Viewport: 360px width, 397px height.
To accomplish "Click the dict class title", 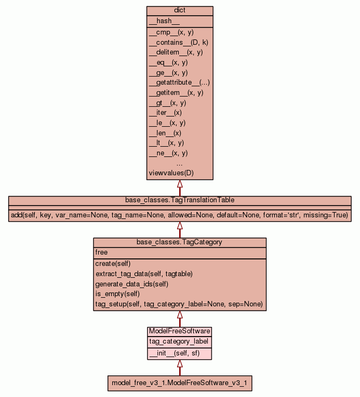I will point(180,11).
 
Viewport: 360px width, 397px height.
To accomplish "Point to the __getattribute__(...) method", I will point(179,83).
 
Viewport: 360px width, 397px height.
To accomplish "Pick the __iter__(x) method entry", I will point(165,113).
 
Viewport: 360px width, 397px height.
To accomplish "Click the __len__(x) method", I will point(165,133).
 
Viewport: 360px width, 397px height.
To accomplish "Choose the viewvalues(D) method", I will point(171,173).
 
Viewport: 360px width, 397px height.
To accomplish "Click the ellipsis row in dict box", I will point(180,163).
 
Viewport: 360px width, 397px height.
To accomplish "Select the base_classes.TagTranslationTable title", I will point(180,200).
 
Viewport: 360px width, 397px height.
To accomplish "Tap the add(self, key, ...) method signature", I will point(180,215).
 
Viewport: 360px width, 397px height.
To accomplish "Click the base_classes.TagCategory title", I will point(180,242).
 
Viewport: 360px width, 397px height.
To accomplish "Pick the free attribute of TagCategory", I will point(101,252).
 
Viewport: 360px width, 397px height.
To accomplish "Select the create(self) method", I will point(112,263).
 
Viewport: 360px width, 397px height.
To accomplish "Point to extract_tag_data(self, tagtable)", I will point(144,273).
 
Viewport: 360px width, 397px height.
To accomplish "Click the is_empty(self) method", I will point(117,294).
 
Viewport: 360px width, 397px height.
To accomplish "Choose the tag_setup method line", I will point(179,304).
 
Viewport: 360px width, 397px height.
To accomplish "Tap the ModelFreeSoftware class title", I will point(180,331).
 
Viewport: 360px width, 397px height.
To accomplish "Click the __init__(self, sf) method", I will point(174,353).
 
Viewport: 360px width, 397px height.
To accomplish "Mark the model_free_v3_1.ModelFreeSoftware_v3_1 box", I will point(180,383).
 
